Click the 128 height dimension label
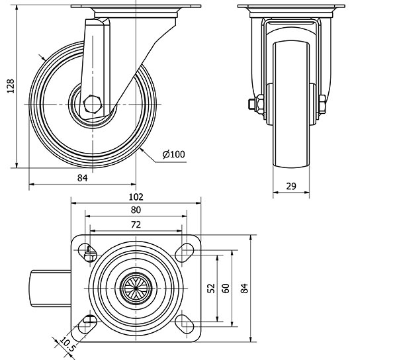coord(11,86)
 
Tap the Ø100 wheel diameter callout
coord(173,154)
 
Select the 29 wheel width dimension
coord(291,187)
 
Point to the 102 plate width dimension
coord(136,197)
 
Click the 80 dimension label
coord(136,210)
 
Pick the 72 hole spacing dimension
coord(136,224)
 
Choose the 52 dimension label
coord(211,288)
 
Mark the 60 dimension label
coord(226,288)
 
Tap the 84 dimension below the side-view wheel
coord(83,178)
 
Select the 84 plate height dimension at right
coord(244,288)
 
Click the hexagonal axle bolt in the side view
coord(93,104)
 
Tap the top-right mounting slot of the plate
coord(185,252)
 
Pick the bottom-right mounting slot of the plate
coord(185,324)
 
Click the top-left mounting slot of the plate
coord(87,252)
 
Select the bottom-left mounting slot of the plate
coord(87,324)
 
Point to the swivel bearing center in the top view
coord(136,289)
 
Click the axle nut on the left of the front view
coord(258,104)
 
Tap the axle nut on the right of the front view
coord(322,104)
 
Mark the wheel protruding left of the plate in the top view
coord(51,289)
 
